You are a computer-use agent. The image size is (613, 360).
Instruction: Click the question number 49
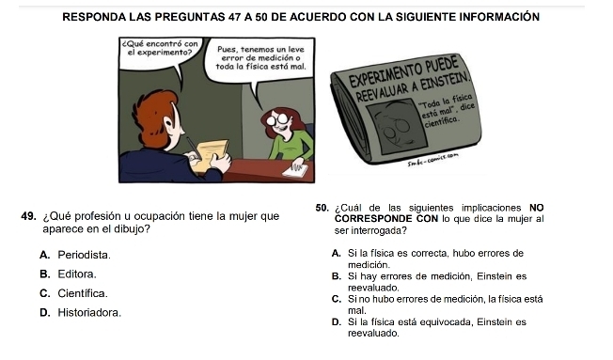pos(28,216)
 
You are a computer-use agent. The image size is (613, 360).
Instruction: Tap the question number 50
pos(322,208)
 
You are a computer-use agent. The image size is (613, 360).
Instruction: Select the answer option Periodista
pos(84,256)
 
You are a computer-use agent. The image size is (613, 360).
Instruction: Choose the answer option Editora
pos(77,274)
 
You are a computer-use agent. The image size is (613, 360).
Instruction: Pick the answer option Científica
pos(83,293)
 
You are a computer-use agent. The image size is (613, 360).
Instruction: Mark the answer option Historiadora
pos(89,313)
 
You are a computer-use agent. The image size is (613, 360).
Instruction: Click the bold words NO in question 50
pos(536,208)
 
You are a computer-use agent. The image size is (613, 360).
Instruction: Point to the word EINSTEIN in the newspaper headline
pos(439,83)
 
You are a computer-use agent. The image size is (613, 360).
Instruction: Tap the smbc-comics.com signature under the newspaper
pos(432,160)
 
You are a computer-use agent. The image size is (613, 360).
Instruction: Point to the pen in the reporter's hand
pos(193,147)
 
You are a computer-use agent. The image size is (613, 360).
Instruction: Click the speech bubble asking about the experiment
pos(161,55)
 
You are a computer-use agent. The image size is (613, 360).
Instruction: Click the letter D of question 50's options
pos(336,322)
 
